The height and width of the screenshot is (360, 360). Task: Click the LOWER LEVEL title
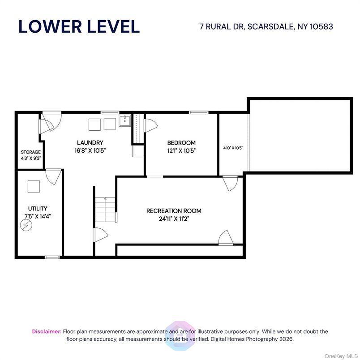coord(79,27)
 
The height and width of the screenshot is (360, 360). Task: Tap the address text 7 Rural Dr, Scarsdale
coord(266,27)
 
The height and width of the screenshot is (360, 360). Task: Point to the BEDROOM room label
coord(181,143)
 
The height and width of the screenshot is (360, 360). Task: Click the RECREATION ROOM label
coord(174,210)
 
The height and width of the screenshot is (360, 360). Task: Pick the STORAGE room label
coord(30,152)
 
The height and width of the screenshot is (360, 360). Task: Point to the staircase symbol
coord(105,208)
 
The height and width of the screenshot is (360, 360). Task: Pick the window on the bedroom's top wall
coord(196,112)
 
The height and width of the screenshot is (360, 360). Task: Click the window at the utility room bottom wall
coord(52,257)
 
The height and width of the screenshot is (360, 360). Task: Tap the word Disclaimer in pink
coord(47,331)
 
